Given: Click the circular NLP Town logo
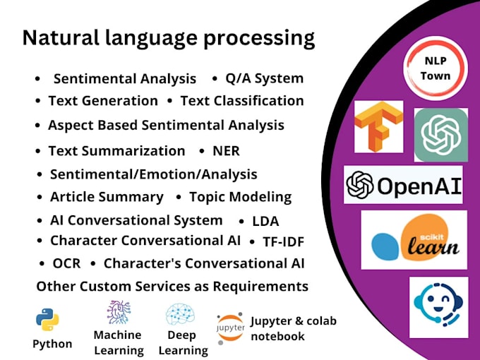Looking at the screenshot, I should pyautogui.click(x=435, y=69).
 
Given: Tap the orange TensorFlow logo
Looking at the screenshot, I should pyautogui.click(x=378, y=126).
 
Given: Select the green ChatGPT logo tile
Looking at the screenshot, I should pyautogui.click(x=440, y=134).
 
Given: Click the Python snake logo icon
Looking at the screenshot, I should pyautogui.click(x=48, y=319).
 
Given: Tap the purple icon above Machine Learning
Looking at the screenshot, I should pyautogui.click(x=118, y=312).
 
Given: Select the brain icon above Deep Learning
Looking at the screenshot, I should pyautogui.click(x=180, y=314).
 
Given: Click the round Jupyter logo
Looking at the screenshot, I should pyautogui.click(x=231, y=328).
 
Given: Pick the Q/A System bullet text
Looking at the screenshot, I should pyautogui.click(x=264, y=78).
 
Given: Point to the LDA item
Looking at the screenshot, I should pyautogui.click(x=265, y=222).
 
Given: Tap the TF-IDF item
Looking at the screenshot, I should pyautogui.click(x=283, y=242).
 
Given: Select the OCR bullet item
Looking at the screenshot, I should pyautogui.click(x=66, y=263).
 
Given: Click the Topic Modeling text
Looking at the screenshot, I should pyautogui.click(x=240, y=197).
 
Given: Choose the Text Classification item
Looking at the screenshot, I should pyautogui.click(x=241, y=101).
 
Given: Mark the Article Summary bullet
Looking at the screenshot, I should pyautogui.click(x=107, y=197).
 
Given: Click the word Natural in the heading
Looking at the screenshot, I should pyautogui.click(x=56, y=37).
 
